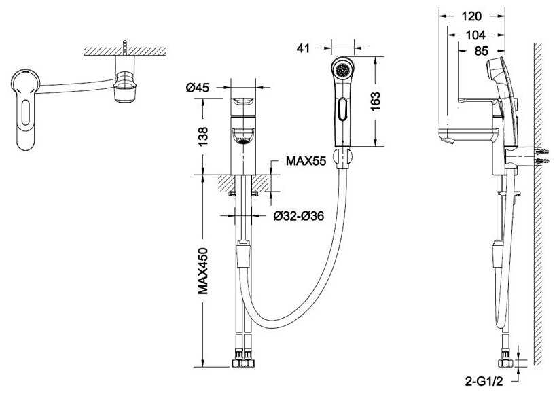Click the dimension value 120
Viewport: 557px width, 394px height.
tap(471, 16)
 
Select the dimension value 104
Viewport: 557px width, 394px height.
tap(475, 35)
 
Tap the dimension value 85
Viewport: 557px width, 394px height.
tap(482, 51)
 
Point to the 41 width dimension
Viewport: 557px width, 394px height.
tap(303, 48)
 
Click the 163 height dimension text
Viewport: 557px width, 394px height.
tap(375, 101)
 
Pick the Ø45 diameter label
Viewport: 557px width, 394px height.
tap(198, 87)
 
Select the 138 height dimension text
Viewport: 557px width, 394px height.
tap(203, 137)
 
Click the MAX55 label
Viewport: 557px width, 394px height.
tap(306, 161)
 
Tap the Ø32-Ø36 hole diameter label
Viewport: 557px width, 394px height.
tap(299, 215)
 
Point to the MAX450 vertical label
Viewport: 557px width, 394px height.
tap(203, 271)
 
